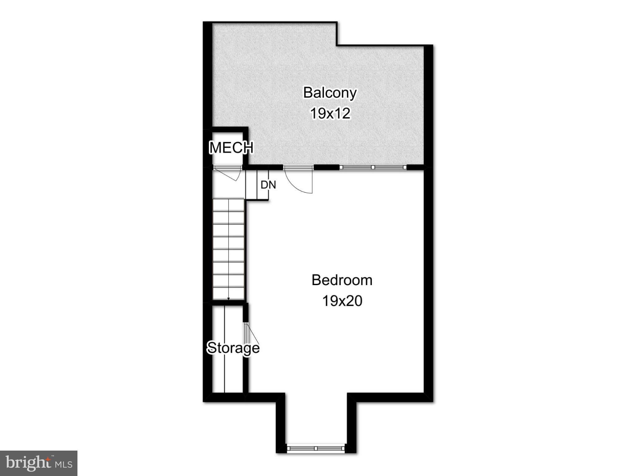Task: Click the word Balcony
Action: coord(330,93)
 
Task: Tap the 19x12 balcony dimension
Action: coord(330,113)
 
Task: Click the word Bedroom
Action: coord(342,280)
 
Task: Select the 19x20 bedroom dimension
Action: coord(342,301)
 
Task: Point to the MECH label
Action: coord(231,148)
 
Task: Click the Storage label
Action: coord(233,348)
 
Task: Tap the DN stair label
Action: coord(268,185)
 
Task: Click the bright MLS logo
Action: coord(39,463)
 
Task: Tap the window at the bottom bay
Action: coord(316,448)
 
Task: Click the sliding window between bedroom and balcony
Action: coord(373,167)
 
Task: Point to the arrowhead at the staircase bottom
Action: coord(229,299)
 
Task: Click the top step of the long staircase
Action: coord(229,205)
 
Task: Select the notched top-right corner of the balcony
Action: coord(337,45)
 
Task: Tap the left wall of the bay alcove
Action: coord(281,425)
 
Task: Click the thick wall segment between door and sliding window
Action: coord(326,167)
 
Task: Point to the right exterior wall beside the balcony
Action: coord(428,105)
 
